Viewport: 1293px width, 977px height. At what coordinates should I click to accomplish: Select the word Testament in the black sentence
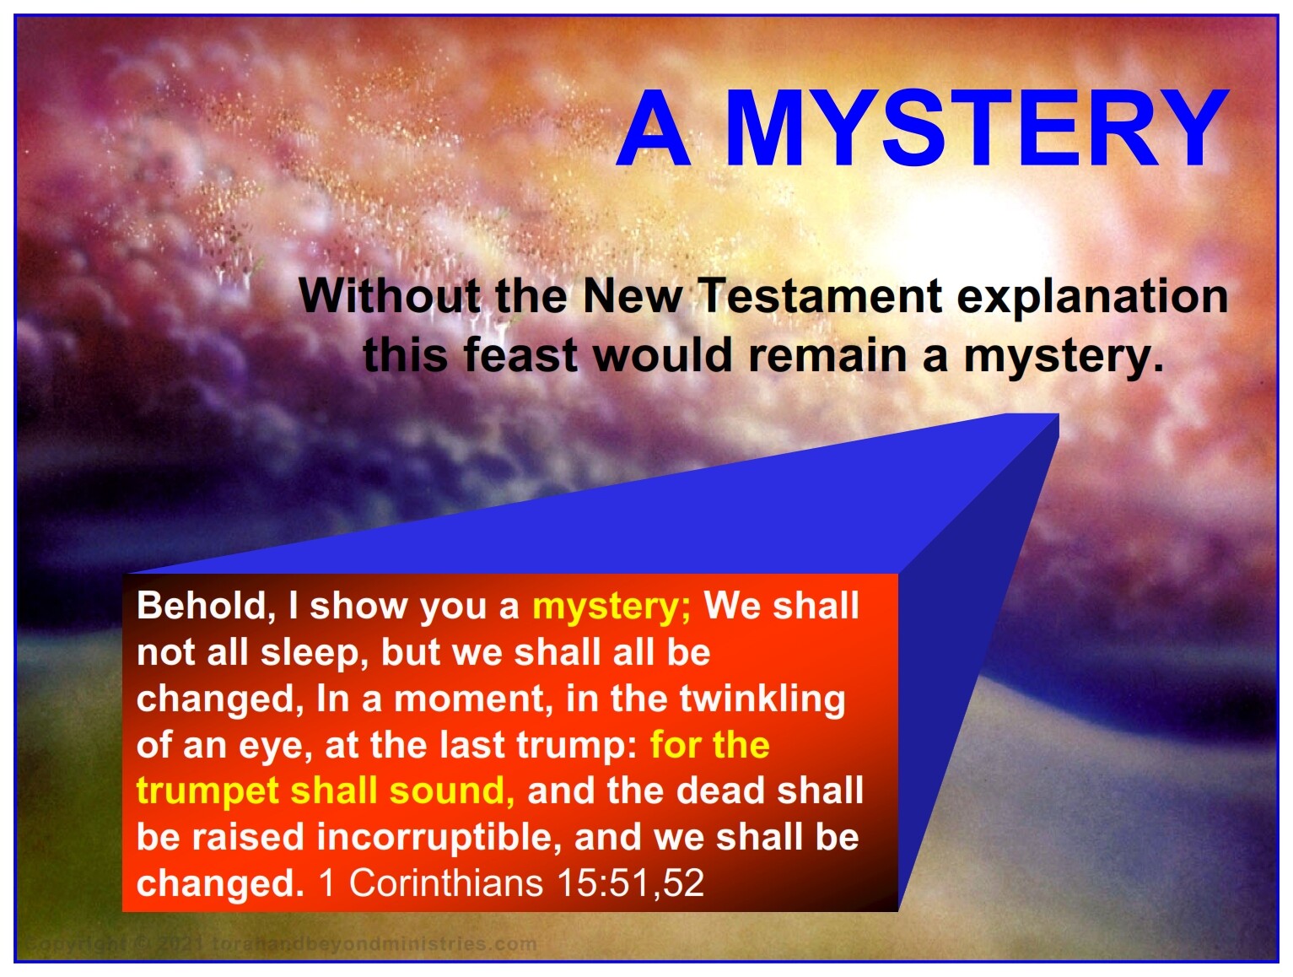[822, 295]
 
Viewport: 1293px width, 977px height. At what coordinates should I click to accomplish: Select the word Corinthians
[446, 883]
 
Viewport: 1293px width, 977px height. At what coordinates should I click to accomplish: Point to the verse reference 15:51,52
[630, 883]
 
